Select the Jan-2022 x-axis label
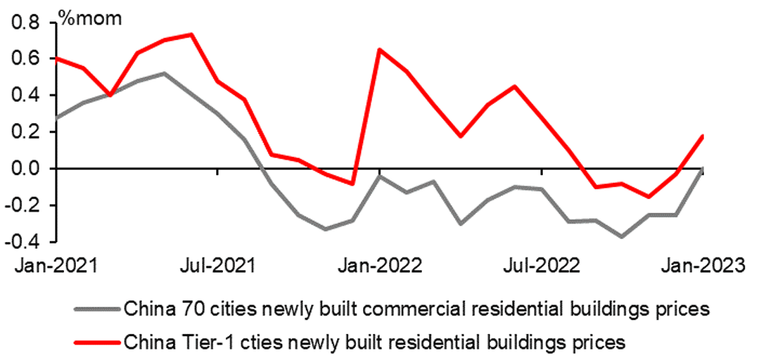click(x=379, y=264)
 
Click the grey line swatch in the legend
click(x=97, y=307)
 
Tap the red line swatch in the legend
click(x=97, y=341)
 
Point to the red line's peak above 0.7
click(x=192, y=34)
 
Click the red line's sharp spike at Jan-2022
click(x=379, y=50)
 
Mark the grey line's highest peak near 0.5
click(x=164, y=73)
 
